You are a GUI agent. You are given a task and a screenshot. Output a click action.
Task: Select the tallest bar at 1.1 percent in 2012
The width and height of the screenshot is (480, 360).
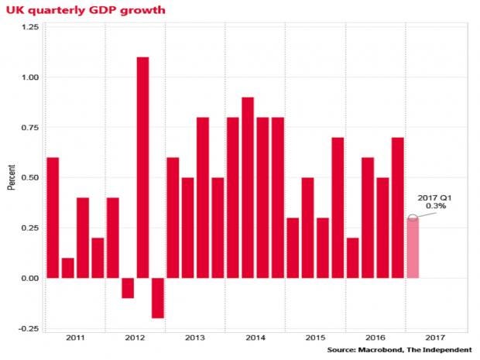142,167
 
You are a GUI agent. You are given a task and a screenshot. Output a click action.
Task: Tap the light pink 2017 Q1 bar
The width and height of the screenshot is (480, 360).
413,248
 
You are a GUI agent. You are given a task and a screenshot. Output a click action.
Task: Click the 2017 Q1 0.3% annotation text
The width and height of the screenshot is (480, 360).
435,202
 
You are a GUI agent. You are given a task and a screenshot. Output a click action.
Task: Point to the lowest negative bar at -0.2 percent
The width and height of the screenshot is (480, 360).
158,297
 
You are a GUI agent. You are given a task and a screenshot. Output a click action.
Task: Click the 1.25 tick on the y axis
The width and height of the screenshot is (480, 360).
29,27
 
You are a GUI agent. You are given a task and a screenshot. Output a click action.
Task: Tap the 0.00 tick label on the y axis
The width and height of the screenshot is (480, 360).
29,278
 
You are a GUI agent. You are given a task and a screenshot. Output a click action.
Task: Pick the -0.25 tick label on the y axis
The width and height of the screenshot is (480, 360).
28,328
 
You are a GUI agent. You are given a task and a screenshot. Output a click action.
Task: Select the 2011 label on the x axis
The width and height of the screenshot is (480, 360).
74,338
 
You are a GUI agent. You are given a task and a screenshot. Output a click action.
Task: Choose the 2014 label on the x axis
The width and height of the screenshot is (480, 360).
255,338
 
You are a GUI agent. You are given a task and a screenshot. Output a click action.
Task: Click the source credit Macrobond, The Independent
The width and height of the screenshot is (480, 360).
399,351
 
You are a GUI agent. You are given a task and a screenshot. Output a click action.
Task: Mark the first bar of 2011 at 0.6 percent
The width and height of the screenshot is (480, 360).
53,218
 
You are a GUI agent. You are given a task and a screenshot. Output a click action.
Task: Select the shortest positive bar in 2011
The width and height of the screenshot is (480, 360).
67,268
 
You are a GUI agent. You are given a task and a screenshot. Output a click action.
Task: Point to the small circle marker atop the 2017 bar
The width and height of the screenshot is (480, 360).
413,218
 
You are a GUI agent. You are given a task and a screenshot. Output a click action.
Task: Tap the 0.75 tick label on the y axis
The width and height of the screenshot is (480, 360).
29,127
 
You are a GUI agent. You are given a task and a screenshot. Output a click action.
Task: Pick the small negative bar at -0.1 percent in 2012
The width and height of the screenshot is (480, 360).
128,287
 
